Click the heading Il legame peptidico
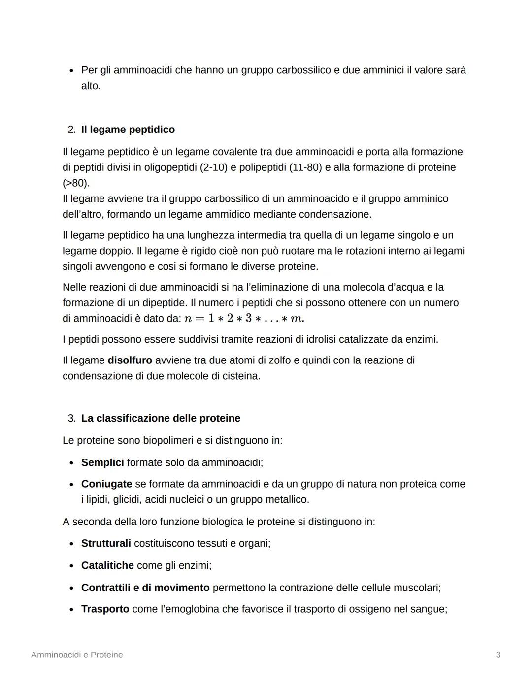(128, 130)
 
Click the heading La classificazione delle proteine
(161, 418)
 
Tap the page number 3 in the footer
(498, 655)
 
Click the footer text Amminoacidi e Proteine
(77, 655)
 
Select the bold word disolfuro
(130, 360)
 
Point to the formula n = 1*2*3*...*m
(244, 319)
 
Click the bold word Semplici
(102, 462)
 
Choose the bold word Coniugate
(106, 484)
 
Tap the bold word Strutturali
(106, 543)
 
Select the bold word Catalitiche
(107, 565)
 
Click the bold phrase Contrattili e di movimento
(145, 588)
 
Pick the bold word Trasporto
(105, 609)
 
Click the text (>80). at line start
(76, 183)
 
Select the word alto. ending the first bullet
(91, 86)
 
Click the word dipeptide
(164, 303)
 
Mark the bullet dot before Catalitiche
(71, 566)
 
